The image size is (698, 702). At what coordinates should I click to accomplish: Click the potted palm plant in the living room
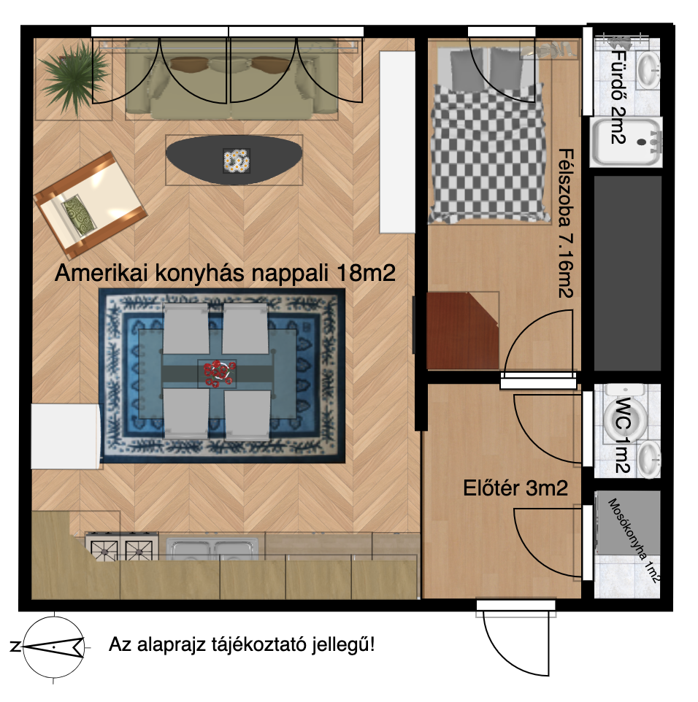click(74, 77)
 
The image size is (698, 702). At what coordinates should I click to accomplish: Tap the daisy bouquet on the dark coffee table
click(236, 161)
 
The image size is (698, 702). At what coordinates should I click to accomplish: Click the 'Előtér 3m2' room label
click(515, 488)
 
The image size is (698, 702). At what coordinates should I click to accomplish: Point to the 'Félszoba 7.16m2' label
click(566, 223)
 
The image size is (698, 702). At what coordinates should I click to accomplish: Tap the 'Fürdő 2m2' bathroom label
click(618, 96)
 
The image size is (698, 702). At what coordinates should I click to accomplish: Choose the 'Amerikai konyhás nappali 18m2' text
click(225, 273)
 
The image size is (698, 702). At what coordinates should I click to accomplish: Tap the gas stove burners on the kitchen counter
click(122, 547)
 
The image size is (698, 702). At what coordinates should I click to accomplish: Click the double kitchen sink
click(213, 549)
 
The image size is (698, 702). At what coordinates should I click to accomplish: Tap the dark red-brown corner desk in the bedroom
click(463, 331)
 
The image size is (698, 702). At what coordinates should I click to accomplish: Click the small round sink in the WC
click(648, 458)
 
